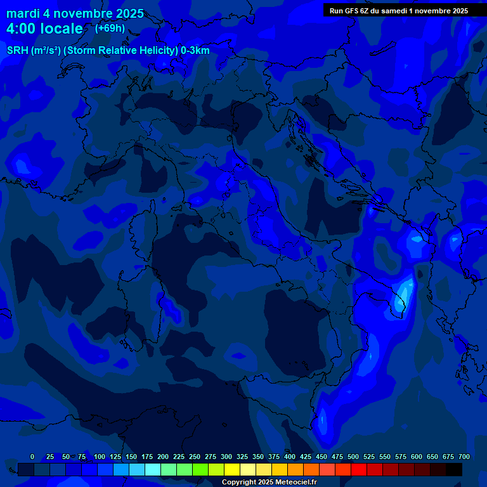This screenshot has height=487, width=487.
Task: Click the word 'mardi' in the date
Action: point(22,13)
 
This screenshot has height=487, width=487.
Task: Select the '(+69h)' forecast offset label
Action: point(110,29)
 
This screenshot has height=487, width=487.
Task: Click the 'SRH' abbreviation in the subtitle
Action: point(17,51)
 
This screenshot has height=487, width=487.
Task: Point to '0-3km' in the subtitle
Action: point(195,51)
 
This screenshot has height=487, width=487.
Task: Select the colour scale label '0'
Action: point(32,457)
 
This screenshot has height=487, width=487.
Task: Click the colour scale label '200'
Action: point(163,457)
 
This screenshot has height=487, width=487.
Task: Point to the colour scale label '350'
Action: point(258,457)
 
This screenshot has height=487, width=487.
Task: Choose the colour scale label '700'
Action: point(464,457)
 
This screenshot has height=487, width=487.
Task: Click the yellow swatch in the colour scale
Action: point(232,469)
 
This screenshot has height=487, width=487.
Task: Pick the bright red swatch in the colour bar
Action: point(359,469)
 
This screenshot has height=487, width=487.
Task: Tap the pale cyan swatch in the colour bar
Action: point(153,469)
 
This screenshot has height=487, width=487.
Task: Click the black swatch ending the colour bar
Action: point(454,469)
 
